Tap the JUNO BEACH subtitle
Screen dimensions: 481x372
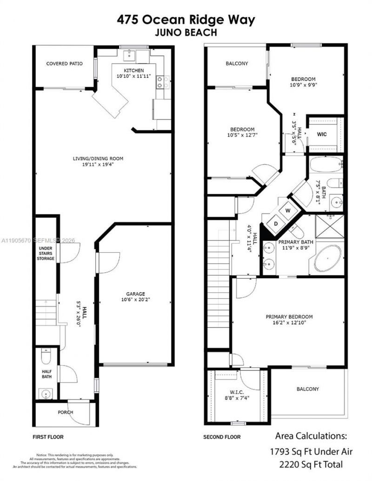186,33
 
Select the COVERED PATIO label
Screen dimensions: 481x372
64,63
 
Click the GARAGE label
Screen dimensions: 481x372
135,294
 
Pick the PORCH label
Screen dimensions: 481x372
65,412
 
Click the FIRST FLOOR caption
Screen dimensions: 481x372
48,437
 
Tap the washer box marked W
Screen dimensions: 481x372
288,210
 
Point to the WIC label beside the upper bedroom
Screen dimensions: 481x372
322,134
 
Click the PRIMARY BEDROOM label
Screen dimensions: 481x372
289,317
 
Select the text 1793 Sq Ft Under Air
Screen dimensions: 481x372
311,451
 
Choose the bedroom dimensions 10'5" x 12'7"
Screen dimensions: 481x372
241,135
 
